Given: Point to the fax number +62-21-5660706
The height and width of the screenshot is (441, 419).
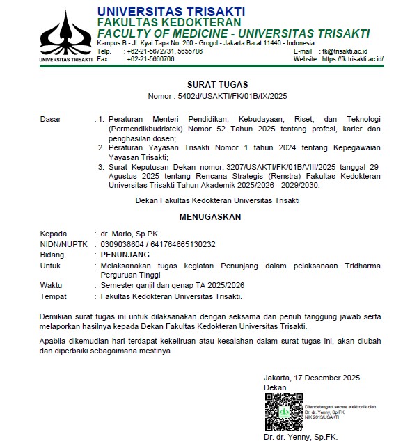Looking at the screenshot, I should tap(150, 59).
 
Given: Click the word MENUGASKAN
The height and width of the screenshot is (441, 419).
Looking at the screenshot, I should tap(210, 217).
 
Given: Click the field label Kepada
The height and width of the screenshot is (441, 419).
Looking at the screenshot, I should tap(54, 234).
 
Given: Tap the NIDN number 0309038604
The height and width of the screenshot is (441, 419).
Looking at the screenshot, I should tap(123, 244).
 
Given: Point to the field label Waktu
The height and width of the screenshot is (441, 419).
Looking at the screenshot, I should tap(52, 286).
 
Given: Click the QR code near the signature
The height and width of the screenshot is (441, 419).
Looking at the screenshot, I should tap(283, 411).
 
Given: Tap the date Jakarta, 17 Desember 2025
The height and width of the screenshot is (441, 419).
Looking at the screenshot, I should tap(311, 378).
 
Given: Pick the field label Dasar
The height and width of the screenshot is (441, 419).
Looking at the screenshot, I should tap(51, 119).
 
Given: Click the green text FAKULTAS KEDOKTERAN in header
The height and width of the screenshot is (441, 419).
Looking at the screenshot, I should tap(164, 23).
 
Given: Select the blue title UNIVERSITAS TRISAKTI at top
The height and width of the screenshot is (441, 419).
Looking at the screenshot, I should tap(171, 11).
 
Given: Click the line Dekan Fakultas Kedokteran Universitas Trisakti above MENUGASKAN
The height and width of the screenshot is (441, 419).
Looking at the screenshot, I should tap(218, 201).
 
